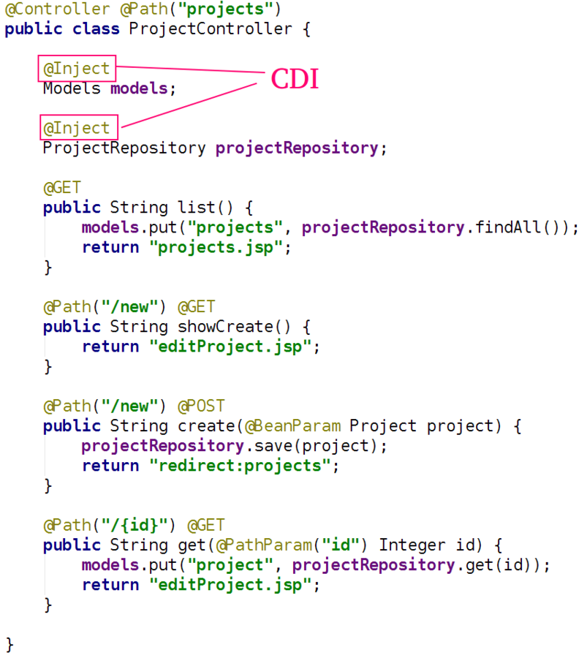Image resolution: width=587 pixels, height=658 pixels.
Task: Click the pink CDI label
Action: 295,79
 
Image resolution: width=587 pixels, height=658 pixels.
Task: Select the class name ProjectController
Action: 211,30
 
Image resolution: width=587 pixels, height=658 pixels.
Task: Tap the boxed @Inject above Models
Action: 77,69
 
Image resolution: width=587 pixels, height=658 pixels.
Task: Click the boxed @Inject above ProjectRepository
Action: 77,129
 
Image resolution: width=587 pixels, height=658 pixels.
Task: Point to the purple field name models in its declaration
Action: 139,89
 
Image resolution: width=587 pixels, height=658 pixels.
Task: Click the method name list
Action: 197,208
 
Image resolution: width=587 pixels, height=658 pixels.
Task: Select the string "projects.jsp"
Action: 216,247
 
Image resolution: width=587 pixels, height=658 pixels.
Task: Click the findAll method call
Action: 509,227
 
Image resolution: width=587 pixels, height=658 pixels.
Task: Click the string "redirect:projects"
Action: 240,466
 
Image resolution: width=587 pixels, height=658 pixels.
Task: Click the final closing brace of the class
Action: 10,645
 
